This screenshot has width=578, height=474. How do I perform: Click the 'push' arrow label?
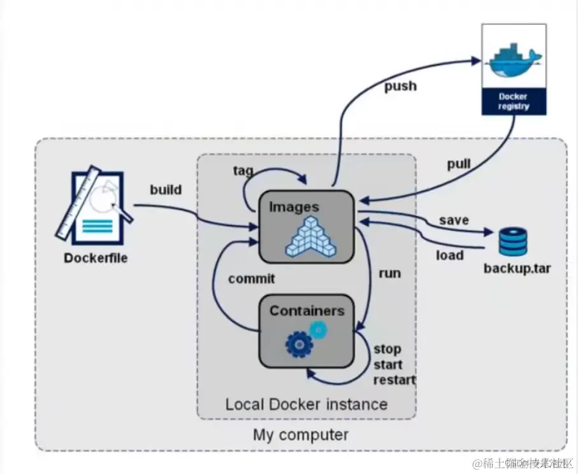(400, 85)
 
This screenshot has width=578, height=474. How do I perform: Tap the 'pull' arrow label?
(458, 164)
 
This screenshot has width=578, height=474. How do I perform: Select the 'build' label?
(166, 189)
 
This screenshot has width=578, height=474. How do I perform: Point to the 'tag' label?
(243, 171)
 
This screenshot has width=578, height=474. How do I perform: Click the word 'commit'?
(251, 278)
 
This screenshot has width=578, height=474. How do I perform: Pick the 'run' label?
(389, 273)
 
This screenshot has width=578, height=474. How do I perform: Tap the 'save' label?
(454, 220)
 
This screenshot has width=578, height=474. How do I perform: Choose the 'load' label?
(450, 255)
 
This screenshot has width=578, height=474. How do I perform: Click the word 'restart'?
(394, 380)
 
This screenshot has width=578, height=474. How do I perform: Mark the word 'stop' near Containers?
(387, 349)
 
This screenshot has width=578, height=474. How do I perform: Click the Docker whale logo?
(514, 59)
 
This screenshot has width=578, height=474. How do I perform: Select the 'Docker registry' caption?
(514, 102)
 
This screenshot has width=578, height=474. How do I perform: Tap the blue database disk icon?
(514, 241)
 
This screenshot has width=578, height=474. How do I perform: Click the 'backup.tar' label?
(517, 268)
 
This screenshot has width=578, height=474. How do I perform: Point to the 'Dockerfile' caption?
(96, 258)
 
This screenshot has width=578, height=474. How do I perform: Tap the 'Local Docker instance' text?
(306, 404)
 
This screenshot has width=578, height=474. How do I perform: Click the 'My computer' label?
(301, 436)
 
